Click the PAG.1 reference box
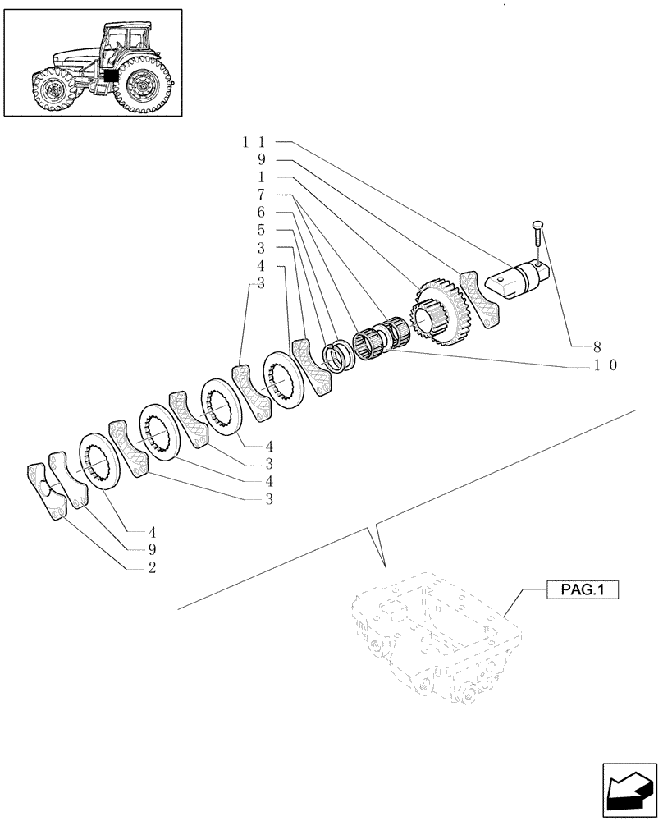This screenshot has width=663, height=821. [580, 589]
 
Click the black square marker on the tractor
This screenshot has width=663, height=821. [111, 74]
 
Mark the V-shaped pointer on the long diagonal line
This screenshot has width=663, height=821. [379, 546]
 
